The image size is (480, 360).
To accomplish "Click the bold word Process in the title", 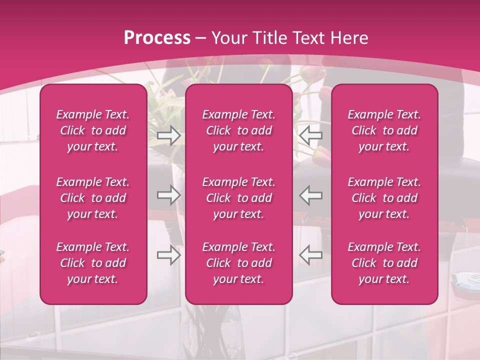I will [x=157, y=37].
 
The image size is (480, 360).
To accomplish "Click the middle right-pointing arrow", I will [x=168, y=195].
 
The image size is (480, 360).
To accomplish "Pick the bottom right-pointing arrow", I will [x=168, y=255].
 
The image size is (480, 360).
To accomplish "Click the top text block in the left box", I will [x=93, y=130].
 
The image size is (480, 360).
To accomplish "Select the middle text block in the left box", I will [x=93, y=198].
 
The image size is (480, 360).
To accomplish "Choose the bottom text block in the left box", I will [x=93, y=263].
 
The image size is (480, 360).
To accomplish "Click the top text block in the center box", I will [x=239, y=130].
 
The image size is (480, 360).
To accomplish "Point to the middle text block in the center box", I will [x=239, y=198].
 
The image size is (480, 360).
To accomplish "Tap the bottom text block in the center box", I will [x=239, y=263].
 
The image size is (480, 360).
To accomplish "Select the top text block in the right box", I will [x=384, y=130].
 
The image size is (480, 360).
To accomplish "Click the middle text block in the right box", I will [x=384, y=198].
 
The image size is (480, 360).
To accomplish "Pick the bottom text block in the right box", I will [x=384, y=263].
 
